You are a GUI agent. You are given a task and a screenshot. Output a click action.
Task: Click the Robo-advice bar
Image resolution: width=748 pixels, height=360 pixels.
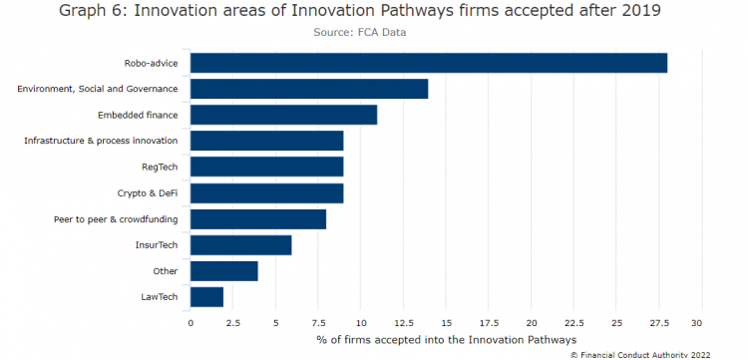[x=429, y=63]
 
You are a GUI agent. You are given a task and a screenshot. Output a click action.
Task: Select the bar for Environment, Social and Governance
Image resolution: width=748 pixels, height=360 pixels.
[x=309, y=89]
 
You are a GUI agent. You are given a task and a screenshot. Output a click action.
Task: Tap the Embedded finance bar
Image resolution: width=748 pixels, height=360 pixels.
[x=283, y=115]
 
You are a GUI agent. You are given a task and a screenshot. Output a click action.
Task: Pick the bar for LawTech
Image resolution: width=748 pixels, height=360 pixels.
[x=206, y=296]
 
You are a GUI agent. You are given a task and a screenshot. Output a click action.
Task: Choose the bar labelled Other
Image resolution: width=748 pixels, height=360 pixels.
[x=223, y=270]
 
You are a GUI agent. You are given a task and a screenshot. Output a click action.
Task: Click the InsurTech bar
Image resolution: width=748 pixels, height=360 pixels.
[x=240, y=244]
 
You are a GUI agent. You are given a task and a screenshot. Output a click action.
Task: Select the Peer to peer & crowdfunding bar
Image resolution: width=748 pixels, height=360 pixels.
[x=258, y=218]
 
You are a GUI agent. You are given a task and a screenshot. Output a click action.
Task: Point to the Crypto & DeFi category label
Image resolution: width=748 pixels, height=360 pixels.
[x=148, y=192]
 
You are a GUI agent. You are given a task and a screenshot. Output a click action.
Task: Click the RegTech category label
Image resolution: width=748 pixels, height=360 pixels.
[x=160, y=167]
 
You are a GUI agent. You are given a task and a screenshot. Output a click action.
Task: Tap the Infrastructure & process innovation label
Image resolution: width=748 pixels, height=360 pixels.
[x=101, y=141]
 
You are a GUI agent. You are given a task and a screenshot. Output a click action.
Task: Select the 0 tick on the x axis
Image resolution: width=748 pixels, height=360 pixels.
[x=190, y=323]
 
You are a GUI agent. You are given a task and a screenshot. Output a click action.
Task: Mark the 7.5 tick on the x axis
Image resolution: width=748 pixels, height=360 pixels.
[x=318, y=323]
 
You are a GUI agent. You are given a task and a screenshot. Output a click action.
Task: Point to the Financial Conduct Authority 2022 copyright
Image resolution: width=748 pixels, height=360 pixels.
[x=656, y=354]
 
